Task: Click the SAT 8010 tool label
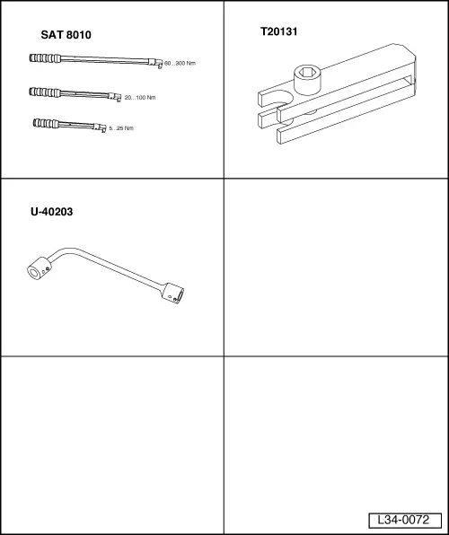point(66,35)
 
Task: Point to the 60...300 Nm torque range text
point(180,65)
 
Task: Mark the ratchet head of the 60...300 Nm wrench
point(158,65)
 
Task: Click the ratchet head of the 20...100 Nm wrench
point(117,96)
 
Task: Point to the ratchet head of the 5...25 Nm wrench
point(102,127)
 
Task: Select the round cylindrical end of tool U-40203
point(37,268)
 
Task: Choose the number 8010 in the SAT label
point(79,35)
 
